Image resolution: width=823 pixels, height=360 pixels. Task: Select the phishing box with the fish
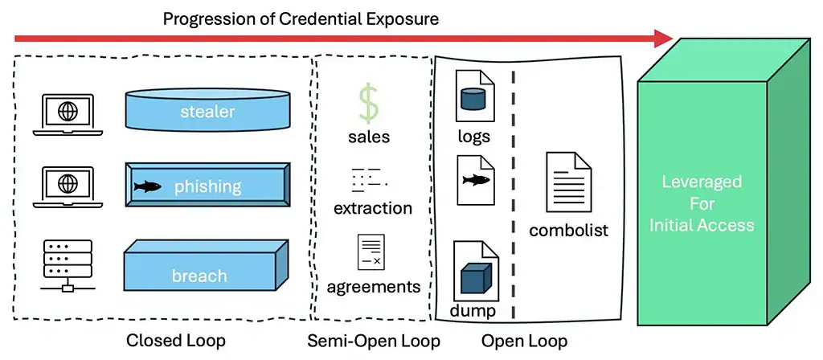click(x=207, y=186)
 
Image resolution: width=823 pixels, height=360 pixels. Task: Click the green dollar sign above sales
click(x=368, y=104)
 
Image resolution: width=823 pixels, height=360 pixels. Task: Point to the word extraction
click(x=372, y=208)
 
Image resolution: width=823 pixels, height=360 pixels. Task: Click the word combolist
click(x=568, y=231)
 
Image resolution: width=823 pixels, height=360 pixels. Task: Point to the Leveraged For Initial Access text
click(x=702, y=202)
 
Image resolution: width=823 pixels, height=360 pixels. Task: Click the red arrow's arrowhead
click(x=665, y=38)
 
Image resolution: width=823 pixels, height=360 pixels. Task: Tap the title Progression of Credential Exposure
click(x=301, y=18)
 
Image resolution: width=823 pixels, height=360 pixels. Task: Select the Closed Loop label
click(x=175, y=341)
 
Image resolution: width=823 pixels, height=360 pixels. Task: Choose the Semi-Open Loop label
click(x=374, y=341)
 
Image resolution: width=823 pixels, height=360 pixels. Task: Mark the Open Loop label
click(x=524, y=341)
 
